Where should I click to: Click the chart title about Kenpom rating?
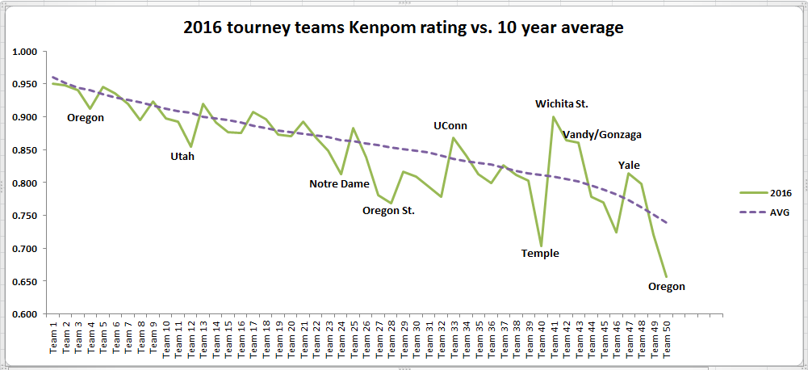(404, 27)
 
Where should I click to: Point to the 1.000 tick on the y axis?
(27, 52)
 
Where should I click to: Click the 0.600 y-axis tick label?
(27, 314)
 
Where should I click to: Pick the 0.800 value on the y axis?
(27, 183)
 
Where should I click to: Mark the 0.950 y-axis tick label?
(27, 85)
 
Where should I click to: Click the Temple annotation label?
(540, 253)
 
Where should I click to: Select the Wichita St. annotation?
(562, 103)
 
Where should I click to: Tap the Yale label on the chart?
(629, 166)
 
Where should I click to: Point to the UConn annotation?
(450, 125)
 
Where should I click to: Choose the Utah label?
(182, 156)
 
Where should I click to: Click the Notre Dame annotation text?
(340, 183)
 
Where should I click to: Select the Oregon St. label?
(388, 211)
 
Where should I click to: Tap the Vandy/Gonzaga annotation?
(602, 134)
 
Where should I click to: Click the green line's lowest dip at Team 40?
(541, 246)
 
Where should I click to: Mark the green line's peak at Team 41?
(553, 116)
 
